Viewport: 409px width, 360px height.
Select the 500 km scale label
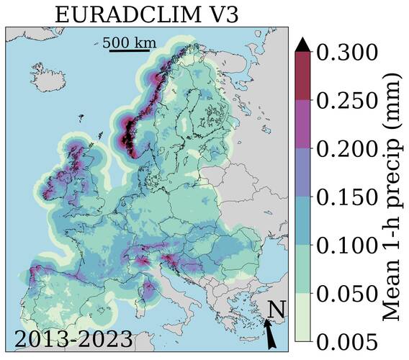click(x=129, y=42)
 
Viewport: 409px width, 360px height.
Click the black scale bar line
click(x=129, y=52)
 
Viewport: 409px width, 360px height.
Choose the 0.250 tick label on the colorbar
click(x=347, y=101)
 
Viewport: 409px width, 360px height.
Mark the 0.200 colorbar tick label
click(x=347, y=149)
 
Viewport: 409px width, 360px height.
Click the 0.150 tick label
click(x=347, y=197)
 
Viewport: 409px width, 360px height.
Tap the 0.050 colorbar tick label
click(x=347, y=294)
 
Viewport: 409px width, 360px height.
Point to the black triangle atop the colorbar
click(x=302, y=45)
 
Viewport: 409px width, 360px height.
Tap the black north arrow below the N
click(x=269, y=334)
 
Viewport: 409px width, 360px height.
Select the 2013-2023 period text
click(x=73, y=339)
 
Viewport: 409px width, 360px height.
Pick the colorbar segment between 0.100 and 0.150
click(x=302, y=221)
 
